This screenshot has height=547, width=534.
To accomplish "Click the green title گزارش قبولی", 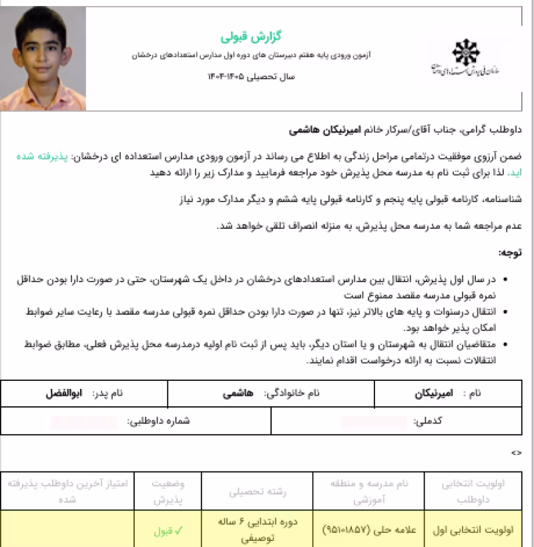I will pyautogui.click(x=243, y=35).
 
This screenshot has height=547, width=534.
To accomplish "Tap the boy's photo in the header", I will pyautogui.click(x=43, y=59).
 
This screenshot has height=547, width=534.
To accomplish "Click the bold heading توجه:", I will pyautogui.click(x=510, y=252).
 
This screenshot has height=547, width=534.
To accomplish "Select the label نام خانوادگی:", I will pyautogui.click(x=292, y=394).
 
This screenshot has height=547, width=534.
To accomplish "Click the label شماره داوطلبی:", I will pyautogui.click(x=158, y=421).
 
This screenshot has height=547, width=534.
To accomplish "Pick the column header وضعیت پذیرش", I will pyautogui.click(x=170, y=492).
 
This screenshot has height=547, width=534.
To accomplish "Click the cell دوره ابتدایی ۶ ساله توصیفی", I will pyautogui.click(x=257, y=532).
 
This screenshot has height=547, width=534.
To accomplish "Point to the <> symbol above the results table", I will pyautogui.click(x=516, y=453).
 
